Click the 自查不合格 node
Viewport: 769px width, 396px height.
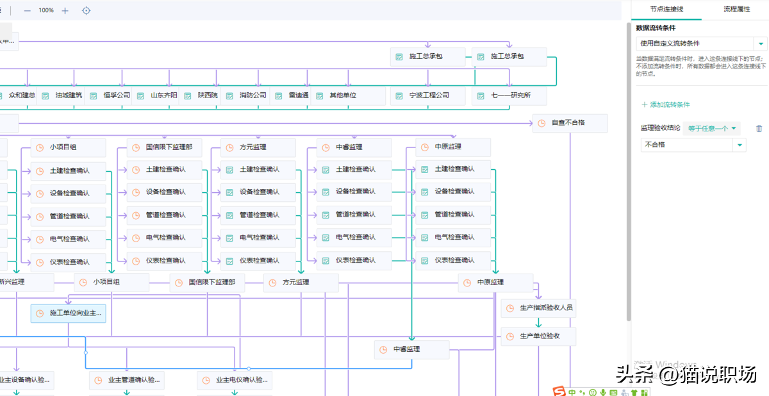pyautogui.click(x=570, y=123)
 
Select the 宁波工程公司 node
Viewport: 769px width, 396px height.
pyautogui.click(x=429, y=95)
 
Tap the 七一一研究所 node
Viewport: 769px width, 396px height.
pyautogui.click(x=510, y=95)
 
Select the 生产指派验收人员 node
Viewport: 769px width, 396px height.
pyautogui.click(x=538, y=308)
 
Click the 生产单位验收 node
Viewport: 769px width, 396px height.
pyautogui.click(x=538, y=336)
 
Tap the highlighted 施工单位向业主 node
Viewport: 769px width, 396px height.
pyautogui.click(x=69, y=313)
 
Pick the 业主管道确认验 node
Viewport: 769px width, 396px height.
pyautogui.click(x=127, y=380)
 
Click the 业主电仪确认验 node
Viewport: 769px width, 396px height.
pyautogui.click(x=235, y=380)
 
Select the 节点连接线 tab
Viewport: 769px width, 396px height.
pyautogui.click(x=666, y=10)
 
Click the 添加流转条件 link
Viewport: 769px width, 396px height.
pyautogui.click(x=666, y=104)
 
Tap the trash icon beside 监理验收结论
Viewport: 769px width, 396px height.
pyautogui.click(x=759, y=129)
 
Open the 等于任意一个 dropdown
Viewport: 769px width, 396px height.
pyautogui.click(x=712, y=129)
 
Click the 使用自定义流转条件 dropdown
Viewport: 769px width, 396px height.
pyautogui.click(x=701, y=44)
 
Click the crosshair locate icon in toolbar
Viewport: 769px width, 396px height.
pyautogui.click(x=87, y=10)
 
